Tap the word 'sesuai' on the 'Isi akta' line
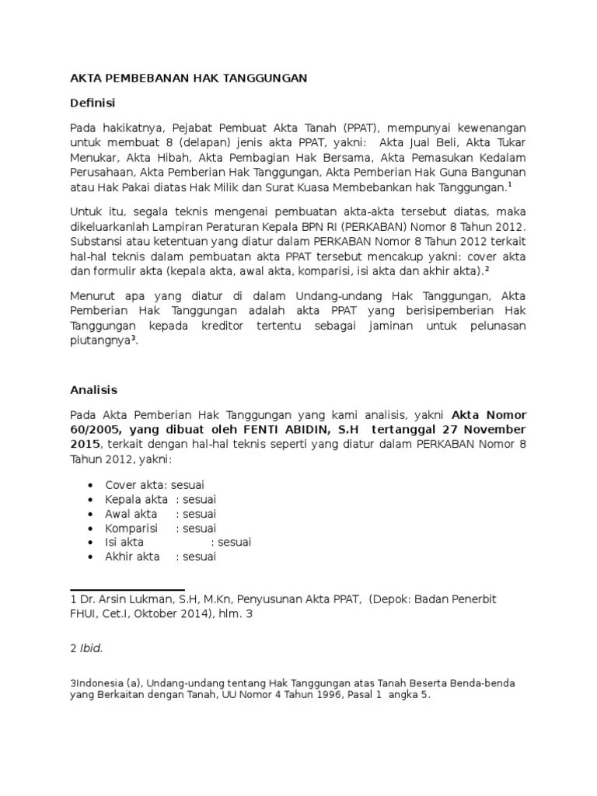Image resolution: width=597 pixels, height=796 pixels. pyautogui.click(x=235, y=543)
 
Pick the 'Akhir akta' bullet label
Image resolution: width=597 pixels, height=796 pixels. pyautogui.click(x=132, y=557)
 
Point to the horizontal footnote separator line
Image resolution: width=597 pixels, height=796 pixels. pyautogui.click(x=127, y=589)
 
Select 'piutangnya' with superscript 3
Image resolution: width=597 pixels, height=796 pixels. pyautogui.click(x=101, y=340)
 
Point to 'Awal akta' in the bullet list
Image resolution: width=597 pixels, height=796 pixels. pyautogui.click(x=131, y=514)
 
